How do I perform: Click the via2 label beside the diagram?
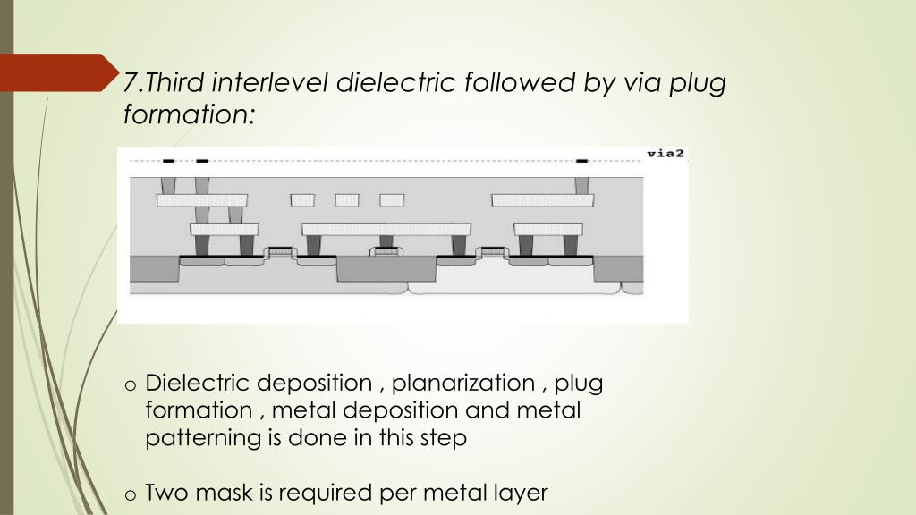pyautogui.click(x=665, y=154)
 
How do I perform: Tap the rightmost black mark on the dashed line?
pyautogui.click(x=581, y=161)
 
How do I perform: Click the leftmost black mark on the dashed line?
pyautogui.click(x=168, y=161)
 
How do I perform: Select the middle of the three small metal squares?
pyautogui.click(x=347, y=200)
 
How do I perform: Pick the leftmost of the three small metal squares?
pyautogui.click(x=303, y=200)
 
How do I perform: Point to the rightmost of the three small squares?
pyautogui.click(x=392, y=200)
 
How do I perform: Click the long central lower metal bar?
pyautogui.click(x=386, y=229)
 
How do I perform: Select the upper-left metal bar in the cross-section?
pyautogui.click(x=201, y=200)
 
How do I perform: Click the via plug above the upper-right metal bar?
pyautogui.click(x=582, y=185)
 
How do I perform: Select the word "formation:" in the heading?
pyautogui.click(x=189, y=114)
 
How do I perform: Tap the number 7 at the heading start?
pyautogui.click(x=130, y=83)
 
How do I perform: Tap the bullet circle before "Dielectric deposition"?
pyautogui.click(x=131, y=385)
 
